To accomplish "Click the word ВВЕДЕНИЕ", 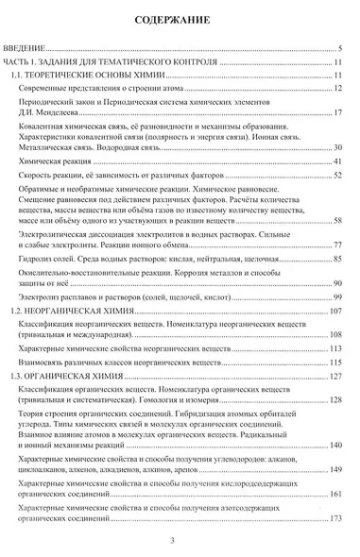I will (25, 46).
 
